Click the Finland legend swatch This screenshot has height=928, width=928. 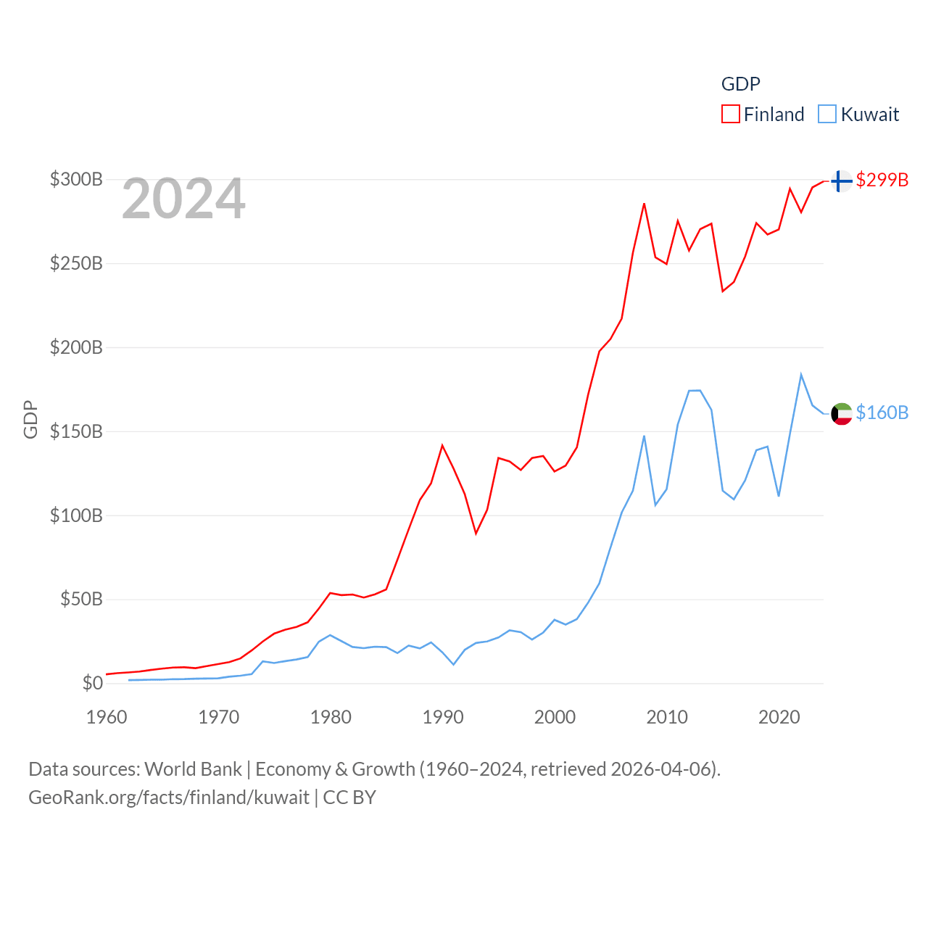click(x=731, y=115)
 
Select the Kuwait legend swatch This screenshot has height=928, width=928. click(x=827, y=115)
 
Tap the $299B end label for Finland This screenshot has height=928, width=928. click(x=882, y=180)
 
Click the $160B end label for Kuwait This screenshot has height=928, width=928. click(x=882, y=413)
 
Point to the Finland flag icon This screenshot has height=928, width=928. click(x=841, y=181)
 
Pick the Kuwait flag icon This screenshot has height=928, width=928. click(x=841, y=413)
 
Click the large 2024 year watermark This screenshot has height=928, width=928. click(x=183, y=199)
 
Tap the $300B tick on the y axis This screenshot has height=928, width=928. click(x=76, y=179)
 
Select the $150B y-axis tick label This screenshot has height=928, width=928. click(x=76, y=431)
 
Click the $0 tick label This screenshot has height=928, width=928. click(x=92, y=683)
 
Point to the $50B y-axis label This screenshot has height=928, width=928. click(x=81, y=599)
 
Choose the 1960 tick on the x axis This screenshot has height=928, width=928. click(x=107, y=717)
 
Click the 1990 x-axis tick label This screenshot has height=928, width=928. click(x=443, y=717)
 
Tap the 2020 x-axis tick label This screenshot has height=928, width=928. click(x=779, y=717)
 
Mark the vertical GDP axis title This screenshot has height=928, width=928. click(x=30, y=419)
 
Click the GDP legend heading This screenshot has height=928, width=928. click(x=740, y=84)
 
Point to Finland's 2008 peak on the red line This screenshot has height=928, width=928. click(x=644, y=204)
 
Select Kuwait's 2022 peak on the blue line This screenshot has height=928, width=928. click(x=801, y=375)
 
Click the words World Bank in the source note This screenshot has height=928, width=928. click(x=194, y=768)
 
